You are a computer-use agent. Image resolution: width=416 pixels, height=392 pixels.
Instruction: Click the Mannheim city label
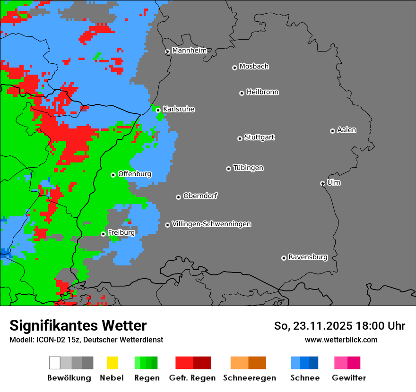click(x=189, y=51)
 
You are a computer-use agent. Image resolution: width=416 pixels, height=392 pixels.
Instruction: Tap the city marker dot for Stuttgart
click(x=240, y=138)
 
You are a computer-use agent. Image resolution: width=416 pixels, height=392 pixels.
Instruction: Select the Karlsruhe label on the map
click(x=178, y=109)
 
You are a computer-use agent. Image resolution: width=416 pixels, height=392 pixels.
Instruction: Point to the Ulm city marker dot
click(x=322, y=183)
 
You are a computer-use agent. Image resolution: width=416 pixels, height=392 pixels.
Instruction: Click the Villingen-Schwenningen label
click(x=211, y=224)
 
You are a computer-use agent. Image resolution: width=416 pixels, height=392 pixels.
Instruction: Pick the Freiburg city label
click(x=121, y=232)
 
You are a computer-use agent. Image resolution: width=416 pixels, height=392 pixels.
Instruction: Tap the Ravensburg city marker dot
click(x=284, y=258)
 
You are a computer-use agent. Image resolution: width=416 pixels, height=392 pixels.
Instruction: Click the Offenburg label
click(x=134, y=174)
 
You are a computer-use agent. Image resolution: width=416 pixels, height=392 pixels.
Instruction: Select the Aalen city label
click(x=347, y=130)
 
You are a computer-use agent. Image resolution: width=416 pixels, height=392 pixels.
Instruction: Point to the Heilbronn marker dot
click(x=242, y=93)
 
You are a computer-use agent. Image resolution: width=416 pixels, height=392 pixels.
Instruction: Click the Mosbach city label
click(x=254, y=67)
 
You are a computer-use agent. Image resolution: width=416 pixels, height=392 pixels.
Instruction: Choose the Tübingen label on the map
click(x=248, y=168)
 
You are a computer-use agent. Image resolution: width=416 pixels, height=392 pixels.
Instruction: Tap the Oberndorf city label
click(x=200, y=196)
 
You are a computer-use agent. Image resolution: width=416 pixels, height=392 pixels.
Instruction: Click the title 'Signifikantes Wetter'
click(x=78, y=325)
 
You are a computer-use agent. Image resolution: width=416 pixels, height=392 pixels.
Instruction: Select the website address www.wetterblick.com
click(x=341, y=340)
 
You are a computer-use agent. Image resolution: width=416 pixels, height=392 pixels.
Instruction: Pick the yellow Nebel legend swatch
click(x=112, y=363)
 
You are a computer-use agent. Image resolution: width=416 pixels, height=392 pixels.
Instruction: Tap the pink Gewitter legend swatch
click(x=341, y=363)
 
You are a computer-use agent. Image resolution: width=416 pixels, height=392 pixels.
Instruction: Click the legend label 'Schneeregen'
click(x=249, y=378)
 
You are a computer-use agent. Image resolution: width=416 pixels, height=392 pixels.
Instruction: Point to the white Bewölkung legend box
click(x=55, y=363)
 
